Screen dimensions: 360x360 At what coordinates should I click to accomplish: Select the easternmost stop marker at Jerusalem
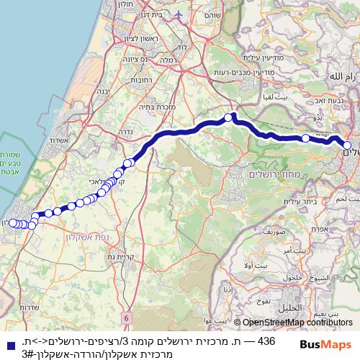[x=347, y=145]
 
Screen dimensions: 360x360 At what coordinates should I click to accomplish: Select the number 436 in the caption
[x=266, y=341]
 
